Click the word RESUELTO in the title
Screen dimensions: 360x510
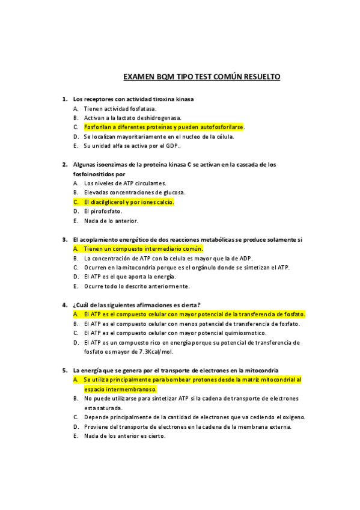pos(258,78)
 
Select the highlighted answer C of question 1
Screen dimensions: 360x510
pos(164,127)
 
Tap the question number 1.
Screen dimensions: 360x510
pos(64,99)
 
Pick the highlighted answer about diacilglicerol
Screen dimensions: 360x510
pos(129,202)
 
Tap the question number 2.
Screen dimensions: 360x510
pos(64,164)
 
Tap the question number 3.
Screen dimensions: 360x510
pos(64,239)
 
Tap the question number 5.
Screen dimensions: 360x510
pos(64,370)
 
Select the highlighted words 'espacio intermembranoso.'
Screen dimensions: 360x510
pos(120,389)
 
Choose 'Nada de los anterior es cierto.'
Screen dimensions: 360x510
pos(124,435)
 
